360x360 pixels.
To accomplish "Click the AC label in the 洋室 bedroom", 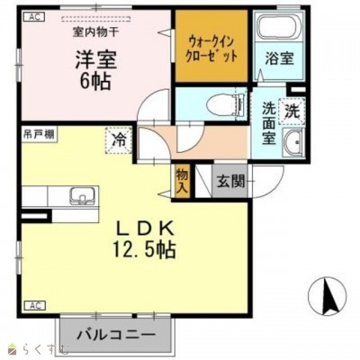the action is [x=34, y=17].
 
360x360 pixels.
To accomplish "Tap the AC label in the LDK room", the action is [x=34, y=306].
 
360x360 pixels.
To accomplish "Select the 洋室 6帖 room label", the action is [x=95, y=70].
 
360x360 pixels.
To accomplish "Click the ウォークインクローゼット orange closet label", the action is [x=211, y=49].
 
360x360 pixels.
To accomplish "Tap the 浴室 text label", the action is [x=279, y=58].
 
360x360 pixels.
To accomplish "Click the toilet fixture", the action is [x=226, y=103].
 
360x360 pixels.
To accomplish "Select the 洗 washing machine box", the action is [x=292, y=111].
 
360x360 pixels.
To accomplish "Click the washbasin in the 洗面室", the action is [x=294, y=143].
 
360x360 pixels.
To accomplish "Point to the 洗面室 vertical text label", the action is [x=269, y=123].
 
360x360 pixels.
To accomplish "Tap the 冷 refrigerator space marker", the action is [x=119, y=140].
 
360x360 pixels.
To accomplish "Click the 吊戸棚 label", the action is [x=39, y=134].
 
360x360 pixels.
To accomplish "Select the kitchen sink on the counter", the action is [x=83, y=196].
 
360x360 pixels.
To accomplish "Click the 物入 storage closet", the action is [x=183, y=181].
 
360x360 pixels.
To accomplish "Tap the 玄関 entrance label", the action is [x=230, y=181].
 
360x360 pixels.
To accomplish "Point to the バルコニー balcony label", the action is [x=116, y=335].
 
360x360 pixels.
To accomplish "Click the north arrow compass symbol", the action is [x=328, y=296].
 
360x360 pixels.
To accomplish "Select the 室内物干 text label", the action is [x=95, y=32].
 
